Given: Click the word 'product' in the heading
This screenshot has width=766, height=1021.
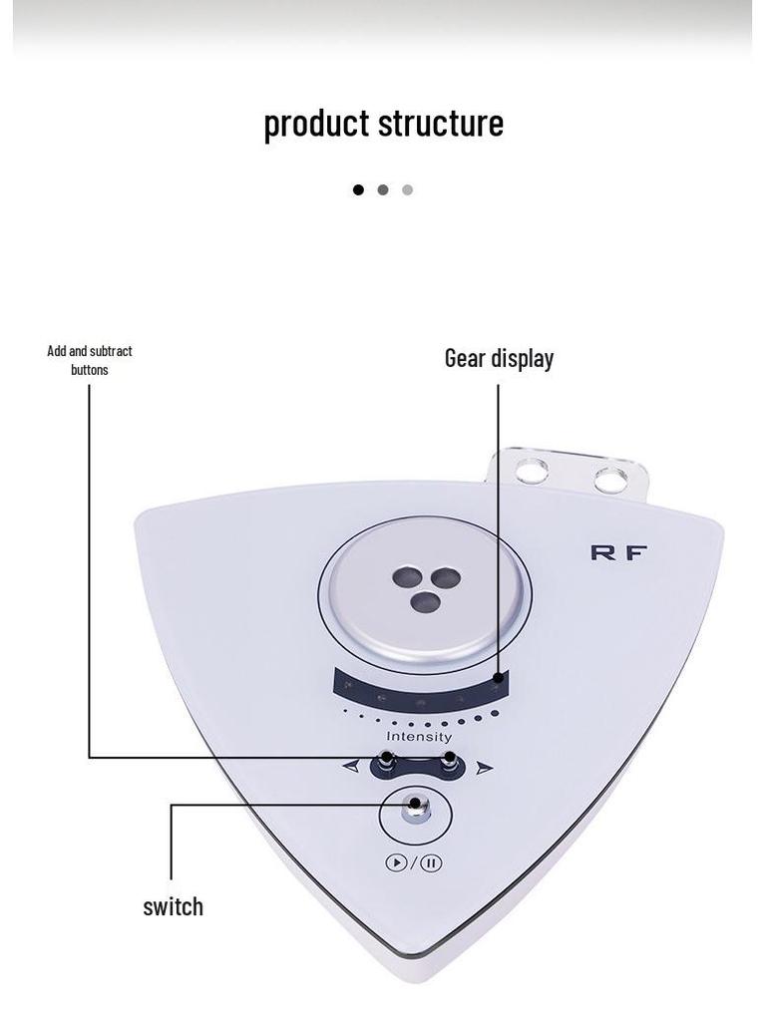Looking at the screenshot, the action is point(316,124).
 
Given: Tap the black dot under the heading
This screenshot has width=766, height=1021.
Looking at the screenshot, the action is point(358,189).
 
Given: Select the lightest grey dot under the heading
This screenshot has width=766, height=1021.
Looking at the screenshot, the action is point(407,189).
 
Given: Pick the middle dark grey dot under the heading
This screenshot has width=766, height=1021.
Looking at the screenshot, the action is point(383,189).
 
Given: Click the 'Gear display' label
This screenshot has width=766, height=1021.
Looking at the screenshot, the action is point(499,358).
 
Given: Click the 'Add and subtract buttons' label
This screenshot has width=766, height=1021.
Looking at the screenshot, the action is point(90,360).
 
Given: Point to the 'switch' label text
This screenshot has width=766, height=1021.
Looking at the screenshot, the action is point(173,906).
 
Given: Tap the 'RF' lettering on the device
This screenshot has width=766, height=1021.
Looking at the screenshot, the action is point(618,552).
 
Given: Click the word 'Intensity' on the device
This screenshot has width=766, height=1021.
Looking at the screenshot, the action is point(419,737).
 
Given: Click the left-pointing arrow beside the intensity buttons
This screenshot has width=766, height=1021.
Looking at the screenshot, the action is point(350,767).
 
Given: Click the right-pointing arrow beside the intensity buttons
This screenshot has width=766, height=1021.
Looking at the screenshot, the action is point(485,768).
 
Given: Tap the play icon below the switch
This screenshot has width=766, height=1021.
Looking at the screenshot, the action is point(396,863).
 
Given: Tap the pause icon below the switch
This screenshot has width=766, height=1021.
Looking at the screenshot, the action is point(431,863).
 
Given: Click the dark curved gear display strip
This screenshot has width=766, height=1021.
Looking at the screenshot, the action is point(420,687).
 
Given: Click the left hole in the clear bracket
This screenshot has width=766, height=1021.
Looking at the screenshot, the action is point(532,471).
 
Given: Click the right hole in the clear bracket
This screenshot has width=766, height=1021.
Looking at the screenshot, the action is point(608,480).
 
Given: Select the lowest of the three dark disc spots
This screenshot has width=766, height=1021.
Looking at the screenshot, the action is point(426,600).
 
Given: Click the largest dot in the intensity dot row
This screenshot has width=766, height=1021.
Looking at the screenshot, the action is point(493,714).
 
